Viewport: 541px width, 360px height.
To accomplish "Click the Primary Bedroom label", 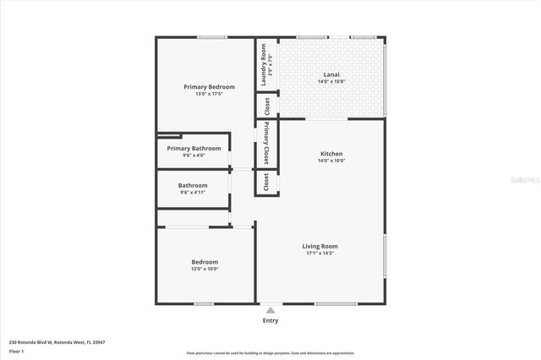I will [x=209, y=87].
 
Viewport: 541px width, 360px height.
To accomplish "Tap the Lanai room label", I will [x=332, y=74].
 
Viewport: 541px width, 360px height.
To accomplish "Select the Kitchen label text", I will [x=331, y=154].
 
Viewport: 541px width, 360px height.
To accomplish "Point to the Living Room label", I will [x=320, y=246].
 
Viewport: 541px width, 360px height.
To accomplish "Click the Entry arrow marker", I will [x=270, y=310].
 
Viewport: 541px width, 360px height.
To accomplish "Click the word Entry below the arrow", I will [x=270, y=320].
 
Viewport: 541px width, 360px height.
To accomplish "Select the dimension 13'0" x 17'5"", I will [x=209, y=94].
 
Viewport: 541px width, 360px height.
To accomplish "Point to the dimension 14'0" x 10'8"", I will [x=332, y=82].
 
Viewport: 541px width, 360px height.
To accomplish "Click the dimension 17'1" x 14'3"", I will [x=320, y=253].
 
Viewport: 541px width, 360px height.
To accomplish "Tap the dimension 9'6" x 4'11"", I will [x=193, y=192].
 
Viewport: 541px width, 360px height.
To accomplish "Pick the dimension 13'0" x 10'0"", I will [x=204, y=269].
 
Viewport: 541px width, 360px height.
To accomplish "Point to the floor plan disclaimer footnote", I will [x=270, y=353].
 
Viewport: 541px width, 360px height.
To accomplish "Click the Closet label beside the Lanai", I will [x=267, y=106].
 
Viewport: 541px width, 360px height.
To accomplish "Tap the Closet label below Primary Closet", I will [x=267, y=182].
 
